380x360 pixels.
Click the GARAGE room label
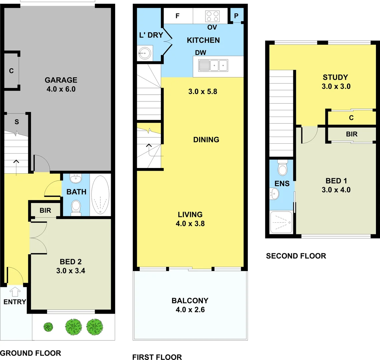coord(61,80)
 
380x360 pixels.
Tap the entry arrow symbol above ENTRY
coord(14,292)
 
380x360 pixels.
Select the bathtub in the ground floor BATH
coord(100,195)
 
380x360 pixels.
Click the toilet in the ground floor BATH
coord(76,207)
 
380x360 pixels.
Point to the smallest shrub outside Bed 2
coord(48,327)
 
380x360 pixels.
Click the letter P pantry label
coord(236,16)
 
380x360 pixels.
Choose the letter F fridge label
coord(177,16)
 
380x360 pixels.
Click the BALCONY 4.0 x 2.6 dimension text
coord(190,310)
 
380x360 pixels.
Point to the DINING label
coord(206,140)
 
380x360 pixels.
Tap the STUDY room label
coord(335,77)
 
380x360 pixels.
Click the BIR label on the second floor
coord(352,134)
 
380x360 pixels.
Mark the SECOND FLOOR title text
coord(296,256)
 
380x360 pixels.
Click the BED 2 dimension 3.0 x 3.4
coord(71,271)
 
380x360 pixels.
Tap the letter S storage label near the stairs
coord(16,122)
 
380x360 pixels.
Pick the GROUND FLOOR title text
coord(30,353)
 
